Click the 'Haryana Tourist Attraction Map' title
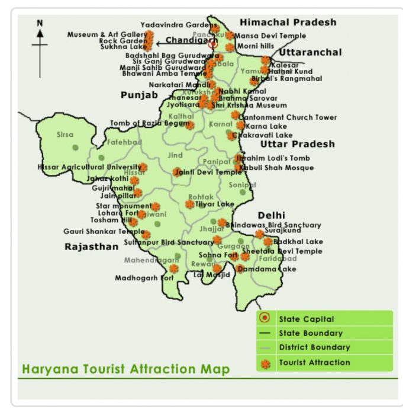click(125, 369)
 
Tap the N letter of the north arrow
click(40, 23)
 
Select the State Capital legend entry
click(306, 319)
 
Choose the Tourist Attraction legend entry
click(314, 362)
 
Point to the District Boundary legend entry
click(314, 347)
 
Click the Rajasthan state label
click(91, 247)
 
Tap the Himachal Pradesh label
click(288, 23)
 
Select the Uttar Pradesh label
click(297, 144)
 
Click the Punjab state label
click(140, 95)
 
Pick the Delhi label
click(271, 215)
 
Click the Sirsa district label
click(65, 135)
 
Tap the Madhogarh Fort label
click(144, 277)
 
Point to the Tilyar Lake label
click(215, 204)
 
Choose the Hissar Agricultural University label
click(89, 167)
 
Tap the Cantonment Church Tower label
click(288, 117)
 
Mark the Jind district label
click(176, 155)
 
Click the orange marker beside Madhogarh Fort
click(173, 268)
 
